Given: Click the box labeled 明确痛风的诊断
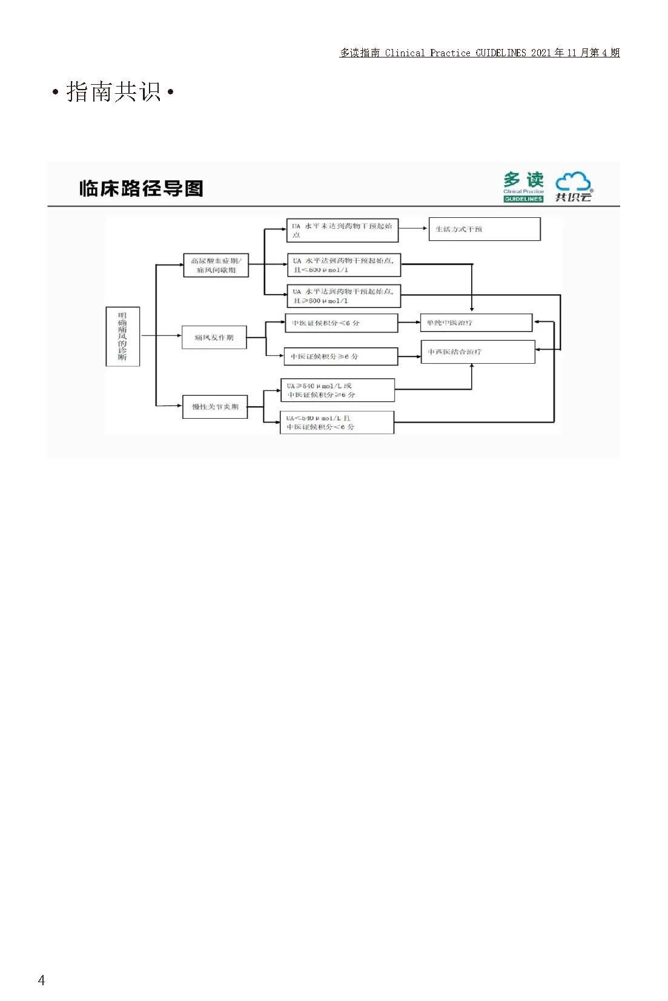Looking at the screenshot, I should coord(122,336).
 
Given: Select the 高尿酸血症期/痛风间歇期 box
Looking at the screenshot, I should coord(216,265).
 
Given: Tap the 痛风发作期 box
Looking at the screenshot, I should coord(214,337).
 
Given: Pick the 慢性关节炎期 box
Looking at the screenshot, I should coord(215,407).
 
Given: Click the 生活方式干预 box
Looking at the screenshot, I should coord(484,229).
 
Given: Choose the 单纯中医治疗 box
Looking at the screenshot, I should coord(476,323).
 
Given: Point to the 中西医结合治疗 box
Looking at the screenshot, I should coord(477,352).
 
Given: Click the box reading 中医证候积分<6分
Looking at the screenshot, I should coord(341,323).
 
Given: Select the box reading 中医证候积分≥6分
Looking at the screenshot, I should coord(340,356).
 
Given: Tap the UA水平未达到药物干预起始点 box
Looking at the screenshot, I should coord(342,230).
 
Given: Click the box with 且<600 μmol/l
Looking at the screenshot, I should coord(343,265).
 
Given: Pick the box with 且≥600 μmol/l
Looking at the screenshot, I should coord(343,296).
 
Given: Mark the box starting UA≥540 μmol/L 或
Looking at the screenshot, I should coord(337,390).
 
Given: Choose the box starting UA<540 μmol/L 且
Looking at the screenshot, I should coord(336,422).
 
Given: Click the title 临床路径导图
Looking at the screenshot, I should coord(141,188).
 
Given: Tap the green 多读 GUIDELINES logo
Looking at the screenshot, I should coord(523,187).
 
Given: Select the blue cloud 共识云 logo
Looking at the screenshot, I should coord(573,187).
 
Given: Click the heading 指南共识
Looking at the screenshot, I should coord(113,92).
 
